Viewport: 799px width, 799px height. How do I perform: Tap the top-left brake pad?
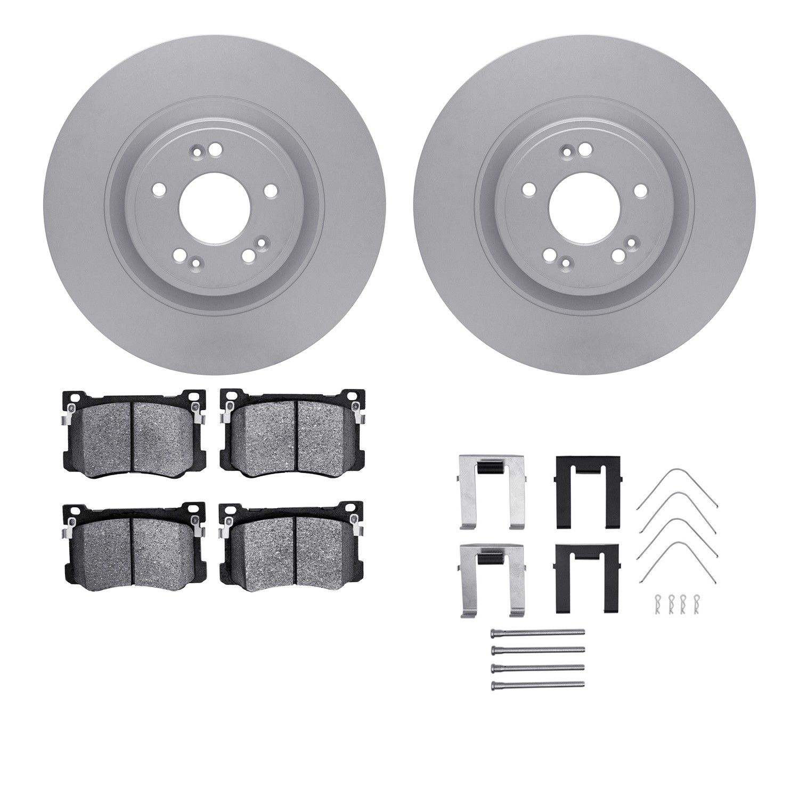[x=134, y=431]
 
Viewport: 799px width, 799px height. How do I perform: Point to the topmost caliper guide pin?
[x=537, y=632]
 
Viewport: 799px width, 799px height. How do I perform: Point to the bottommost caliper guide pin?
[x=537, y=684]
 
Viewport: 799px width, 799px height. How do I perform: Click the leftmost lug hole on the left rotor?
[x=158, y=189]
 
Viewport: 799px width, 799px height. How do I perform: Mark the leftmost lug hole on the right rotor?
[x=528, y=188]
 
